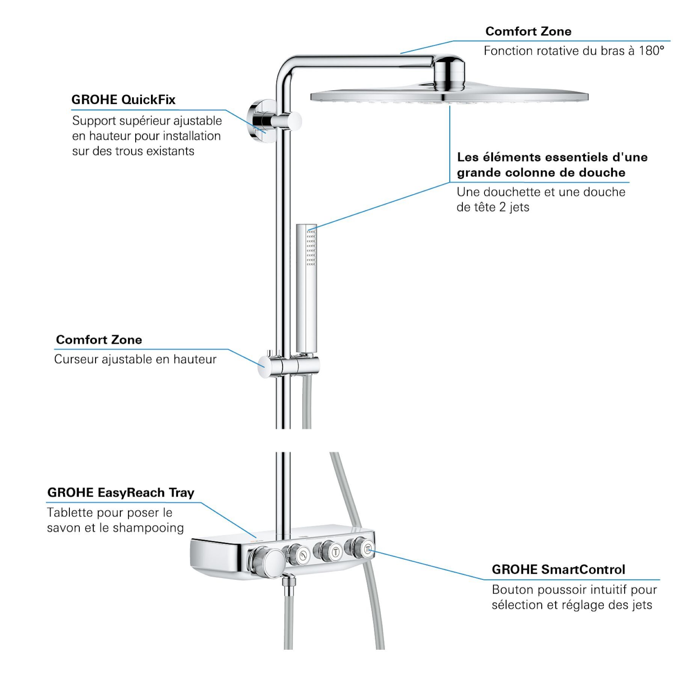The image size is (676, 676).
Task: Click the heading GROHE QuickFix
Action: pos(123,100)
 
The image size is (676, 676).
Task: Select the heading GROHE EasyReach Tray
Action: pos(121,493)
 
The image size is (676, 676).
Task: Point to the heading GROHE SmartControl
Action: pos(558,570)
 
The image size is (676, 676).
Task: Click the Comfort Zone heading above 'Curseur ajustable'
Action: pos(99,340)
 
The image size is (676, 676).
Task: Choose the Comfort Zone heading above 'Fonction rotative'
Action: pos(528,32)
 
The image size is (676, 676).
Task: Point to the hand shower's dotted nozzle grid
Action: pos(311,248)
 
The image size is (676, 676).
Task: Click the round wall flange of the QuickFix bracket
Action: pos(257,121)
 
